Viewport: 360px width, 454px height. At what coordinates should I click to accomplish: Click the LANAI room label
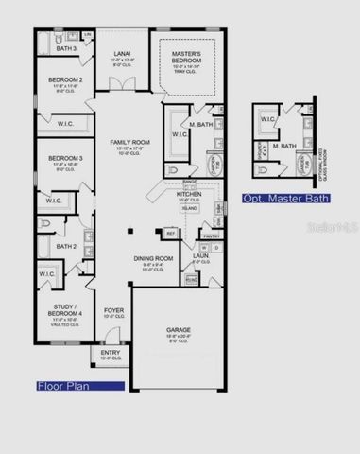tap(122, 54)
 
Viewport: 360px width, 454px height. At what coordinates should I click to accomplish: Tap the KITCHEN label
tap(189, 194)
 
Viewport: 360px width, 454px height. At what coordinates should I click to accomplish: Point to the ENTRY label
tap(111, 352)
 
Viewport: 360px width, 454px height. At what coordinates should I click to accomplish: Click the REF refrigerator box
tap(170, 233)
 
